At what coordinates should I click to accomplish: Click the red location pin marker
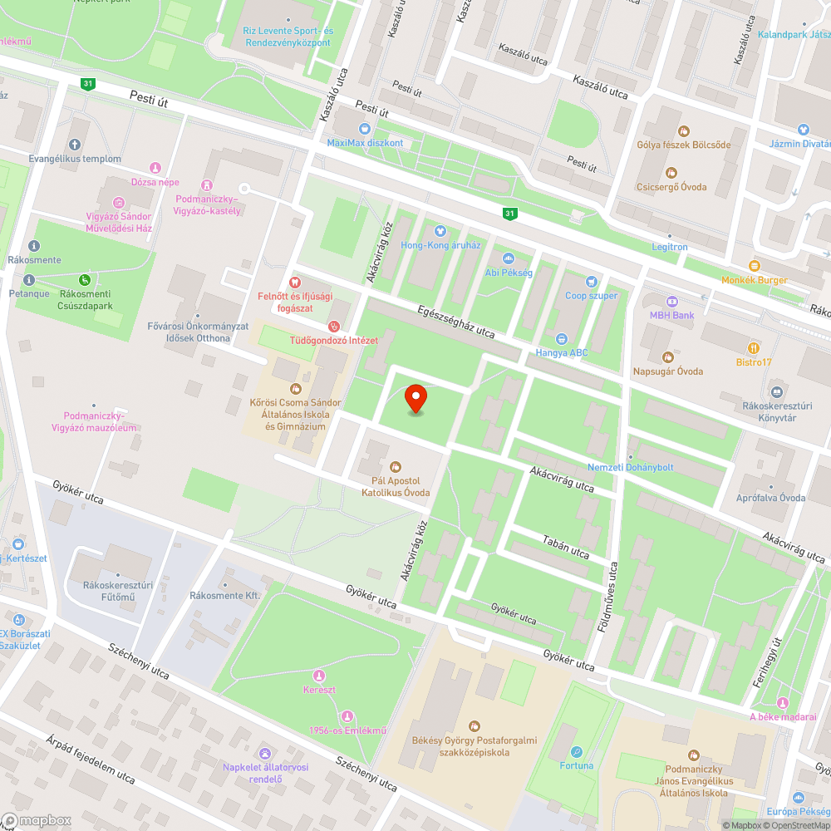(x=415, y=399)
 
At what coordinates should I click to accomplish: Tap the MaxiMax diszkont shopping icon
(x=364, y=128)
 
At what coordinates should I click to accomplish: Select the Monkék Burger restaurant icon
(x=755, y=265)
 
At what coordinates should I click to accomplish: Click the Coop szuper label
(x=592, y=296)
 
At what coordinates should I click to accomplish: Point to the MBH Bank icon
(x=672, y=301)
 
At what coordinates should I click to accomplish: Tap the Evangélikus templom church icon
(x=75, y=145)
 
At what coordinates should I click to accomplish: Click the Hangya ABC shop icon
(x=561, y=338)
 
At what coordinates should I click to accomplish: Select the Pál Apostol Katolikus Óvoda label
(x=396, y=487)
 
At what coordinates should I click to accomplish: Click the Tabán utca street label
(x=565, y=548)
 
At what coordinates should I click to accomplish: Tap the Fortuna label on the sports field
(x=577, y=765)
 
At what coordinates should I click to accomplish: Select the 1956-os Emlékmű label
(x=337, y=730)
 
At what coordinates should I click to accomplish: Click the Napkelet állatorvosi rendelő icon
(x=264, y=753)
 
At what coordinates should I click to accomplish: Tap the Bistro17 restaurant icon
(x=755, y=348)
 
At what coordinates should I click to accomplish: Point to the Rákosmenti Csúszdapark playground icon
(x=84, y=280)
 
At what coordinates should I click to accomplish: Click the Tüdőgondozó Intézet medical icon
(x=334, y=326)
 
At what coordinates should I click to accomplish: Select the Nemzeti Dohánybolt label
(x=630, y=467)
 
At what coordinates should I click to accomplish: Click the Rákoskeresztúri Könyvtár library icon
(x=776, y=391)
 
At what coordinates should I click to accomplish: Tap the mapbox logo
(x=37, y=819)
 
